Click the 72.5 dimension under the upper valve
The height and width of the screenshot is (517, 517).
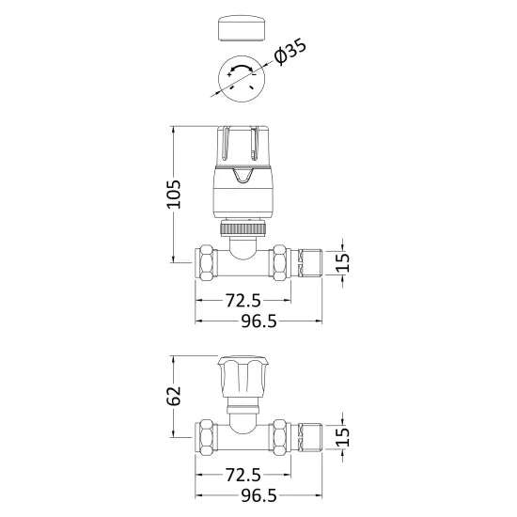(243, 301)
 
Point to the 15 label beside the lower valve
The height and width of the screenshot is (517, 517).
(344, 435)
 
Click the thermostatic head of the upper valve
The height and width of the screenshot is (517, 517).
(243, 164)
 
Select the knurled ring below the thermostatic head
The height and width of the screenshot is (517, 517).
(243, 228)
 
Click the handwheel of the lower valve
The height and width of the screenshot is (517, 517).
(243, 378)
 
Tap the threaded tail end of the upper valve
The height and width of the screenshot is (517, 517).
(313, 260)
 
